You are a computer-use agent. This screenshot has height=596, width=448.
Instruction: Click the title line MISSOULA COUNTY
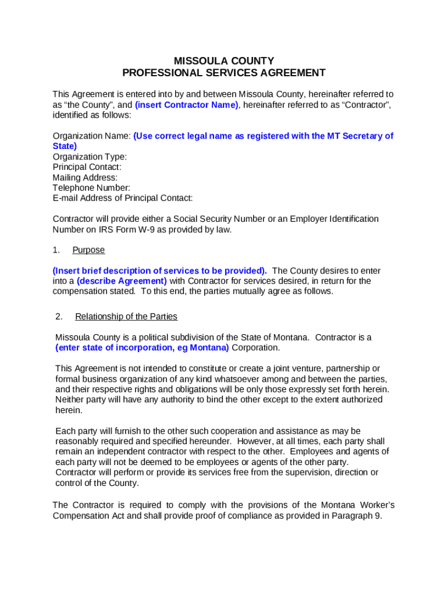click(x=224, y=61)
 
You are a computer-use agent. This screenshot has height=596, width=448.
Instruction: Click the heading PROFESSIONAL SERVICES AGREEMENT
click(x=224, y=73)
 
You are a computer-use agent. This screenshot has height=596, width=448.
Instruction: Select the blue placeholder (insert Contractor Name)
click(x=187, y=105)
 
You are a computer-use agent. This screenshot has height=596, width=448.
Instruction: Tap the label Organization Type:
click(x=90, y=157)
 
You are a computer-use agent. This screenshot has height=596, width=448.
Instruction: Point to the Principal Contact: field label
click(x=87, y=167)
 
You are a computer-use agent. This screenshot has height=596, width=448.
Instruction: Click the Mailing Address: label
click(x=85, y=178)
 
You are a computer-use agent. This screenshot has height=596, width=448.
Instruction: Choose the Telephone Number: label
click(x=91, y=187)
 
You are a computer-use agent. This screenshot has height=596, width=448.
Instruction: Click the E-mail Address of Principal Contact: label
click(x=122, y=198)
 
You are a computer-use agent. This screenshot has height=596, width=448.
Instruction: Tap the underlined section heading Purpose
click(x=88, y=250)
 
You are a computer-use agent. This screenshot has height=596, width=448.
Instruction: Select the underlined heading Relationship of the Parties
click(x=126, y=317)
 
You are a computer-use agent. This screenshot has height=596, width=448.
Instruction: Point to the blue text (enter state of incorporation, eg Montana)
click(x=142, y=347)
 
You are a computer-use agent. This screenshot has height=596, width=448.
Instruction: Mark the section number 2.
click(x=59, y=317)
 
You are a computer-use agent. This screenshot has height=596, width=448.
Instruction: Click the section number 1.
click(x=56, y=250)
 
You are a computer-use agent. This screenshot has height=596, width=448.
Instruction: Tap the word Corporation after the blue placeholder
click(x=256, y=347)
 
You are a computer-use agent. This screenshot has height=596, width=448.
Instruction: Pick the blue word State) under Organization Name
click(x=65, y=146)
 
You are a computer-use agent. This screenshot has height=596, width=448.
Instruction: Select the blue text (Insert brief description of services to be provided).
click(x=159, y=271)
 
